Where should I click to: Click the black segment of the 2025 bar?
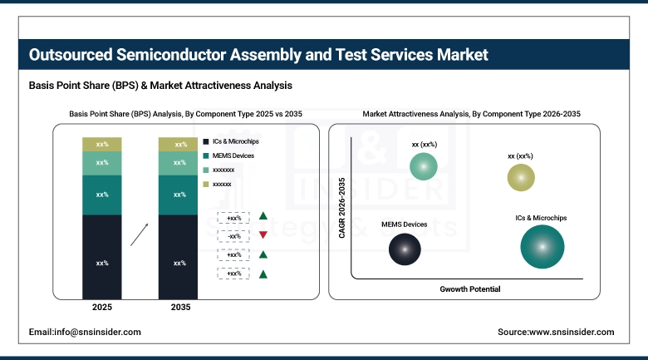point(102,257)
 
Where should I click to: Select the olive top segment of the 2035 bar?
point(179,145)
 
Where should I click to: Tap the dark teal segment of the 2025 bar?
point(102,195)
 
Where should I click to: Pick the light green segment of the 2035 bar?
point(179,163)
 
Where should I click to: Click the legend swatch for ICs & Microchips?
point(205,141)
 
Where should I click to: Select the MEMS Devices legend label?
point(234,155)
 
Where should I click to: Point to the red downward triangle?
point(263,235)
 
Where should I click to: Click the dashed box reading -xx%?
point(233,235)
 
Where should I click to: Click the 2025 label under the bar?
point(102,308)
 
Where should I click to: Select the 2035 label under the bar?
point(179,308)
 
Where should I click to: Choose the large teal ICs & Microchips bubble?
point(543,247)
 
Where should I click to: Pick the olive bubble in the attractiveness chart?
point(521,177)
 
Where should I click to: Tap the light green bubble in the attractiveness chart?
point(424,166)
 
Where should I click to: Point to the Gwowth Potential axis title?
point(470,289)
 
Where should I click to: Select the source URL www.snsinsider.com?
point(555,332)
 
